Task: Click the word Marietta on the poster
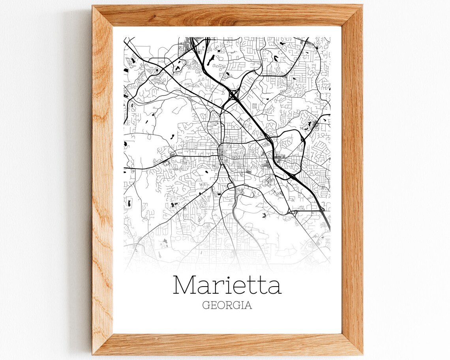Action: pos(227,285)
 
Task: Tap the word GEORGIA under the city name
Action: pos(227,306)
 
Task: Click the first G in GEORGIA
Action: pos(206,306)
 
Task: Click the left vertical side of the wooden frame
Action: pos(102,178)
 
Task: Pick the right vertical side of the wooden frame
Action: pos(352,178)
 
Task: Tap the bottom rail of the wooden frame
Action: pos(227,344)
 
